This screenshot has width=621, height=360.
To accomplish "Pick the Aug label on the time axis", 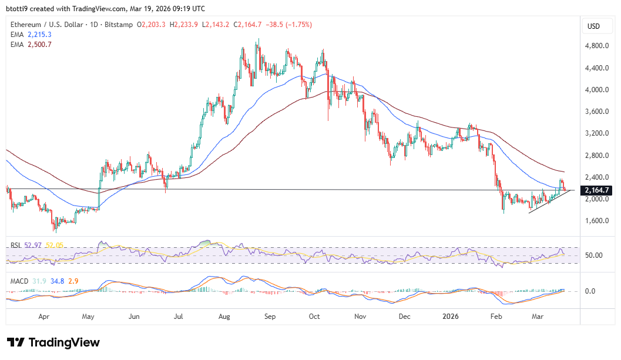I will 224,317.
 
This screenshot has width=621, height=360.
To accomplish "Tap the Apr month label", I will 43,317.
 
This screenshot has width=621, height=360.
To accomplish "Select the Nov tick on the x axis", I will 360,317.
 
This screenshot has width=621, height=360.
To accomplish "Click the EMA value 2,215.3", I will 39,35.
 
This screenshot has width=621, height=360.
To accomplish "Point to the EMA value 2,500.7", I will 39,44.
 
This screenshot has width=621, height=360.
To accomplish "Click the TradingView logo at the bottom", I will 53,342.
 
